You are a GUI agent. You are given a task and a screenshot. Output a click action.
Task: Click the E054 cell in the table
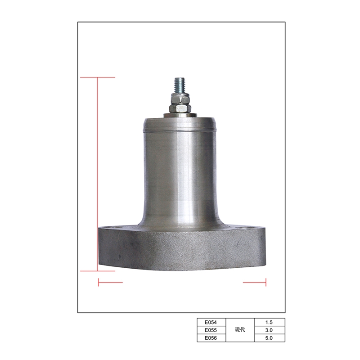pos(211,322)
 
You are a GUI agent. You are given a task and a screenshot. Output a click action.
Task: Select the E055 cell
pos(211,330)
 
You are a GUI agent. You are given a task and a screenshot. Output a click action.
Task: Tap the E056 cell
pos(211,338)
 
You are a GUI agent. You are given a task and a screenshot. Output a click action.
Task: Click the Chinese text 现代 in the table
pos(240,330)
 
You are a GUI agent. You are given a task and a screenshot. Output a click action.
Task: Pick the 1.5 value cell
pos(270,322)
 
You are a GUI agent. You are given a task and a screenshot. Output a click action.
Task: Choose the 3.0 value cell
pos(270,330)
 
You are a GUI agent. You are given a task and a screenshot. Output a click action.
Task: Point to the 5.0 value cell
pos(270,338)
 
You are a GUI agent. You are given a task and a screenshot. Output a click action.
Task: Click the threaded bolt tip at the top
pos(180,79)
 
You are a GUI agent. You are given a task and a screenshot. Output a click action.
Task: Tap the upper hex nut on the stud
pos(180,99)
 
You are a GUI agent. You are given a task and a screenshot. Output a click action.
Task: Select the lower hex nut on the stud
pos(180,108)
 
